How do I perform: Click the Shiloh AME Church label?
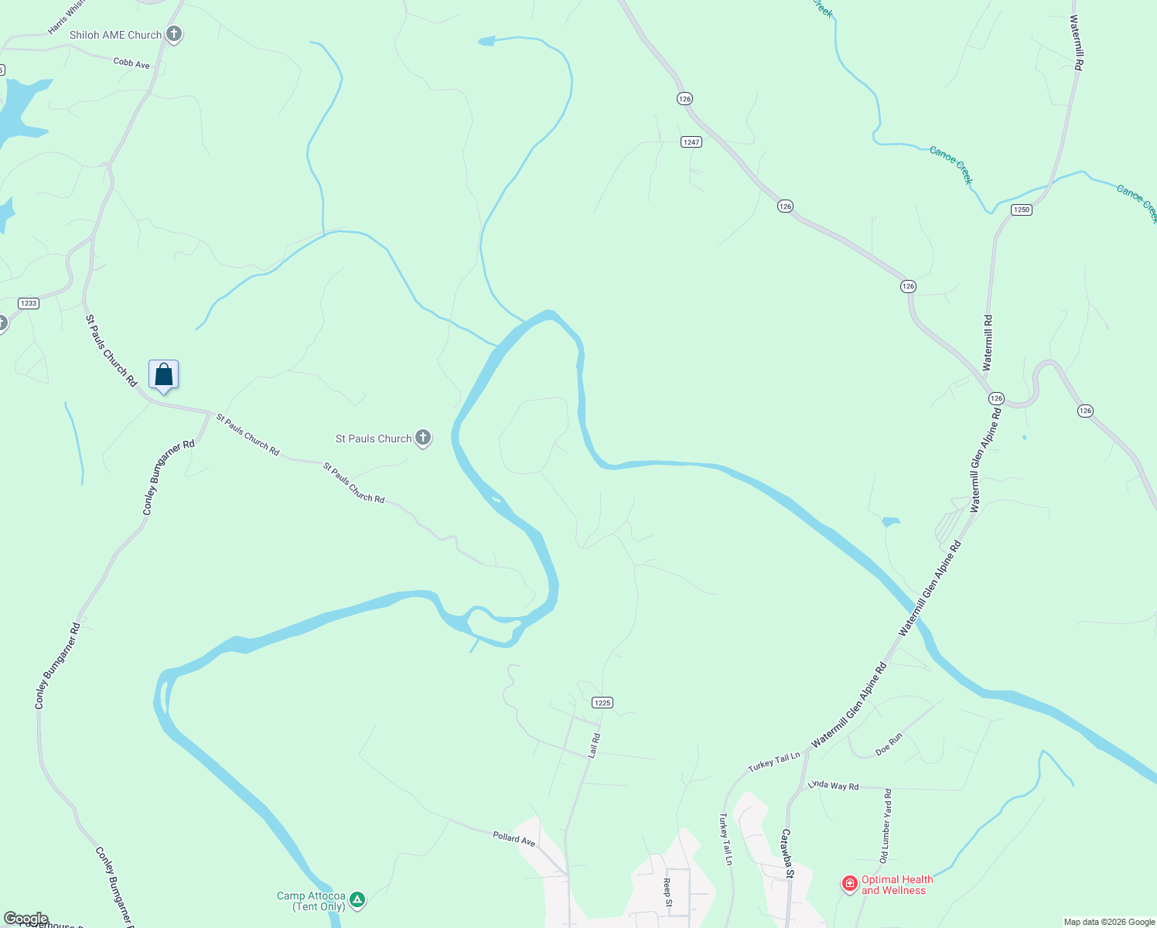tap(115, 35)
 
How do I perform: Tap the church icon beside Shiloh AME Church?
tap(174, 34)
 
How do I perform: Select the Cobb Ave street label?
tap(131, 63)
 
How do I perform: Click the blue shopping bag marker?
tap(163, 376)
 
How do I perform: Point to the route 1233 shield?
tap(29, 303)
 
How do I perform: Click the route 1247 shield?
tap(691, 142)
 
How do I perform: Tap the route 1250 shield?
tap(1022, 210)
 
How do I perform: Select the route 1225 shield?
tap(602, 703)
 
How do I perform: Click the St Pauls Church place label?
tap(374, 438)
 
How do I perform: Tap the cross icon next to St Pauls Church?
tap(422, 438)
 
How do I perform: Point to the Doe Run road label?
tap(889, 745)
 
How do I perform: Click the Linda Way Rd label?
tap(833, 785)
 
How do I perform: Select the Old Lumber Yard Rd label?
tap(886, 826)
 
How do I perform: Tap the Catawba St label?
tap(787, 853)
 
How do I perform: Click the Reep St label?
tap(667, 887)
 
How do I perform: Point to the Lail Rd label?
tap(594, 745)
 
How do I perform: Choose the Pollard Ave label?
tap(514, 838)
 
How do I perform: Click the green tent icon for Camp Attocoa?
tap(357, 899)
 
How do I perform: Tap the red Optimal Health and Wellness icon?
tap(849, 883)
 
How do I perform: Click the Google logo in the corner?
tap(26, 919)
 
